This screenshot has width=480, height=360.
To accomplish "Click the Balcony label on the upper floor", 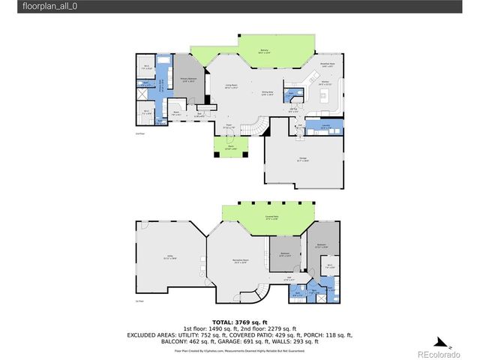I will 262,52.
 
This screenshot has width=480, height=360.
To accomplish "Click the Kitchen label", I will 325,83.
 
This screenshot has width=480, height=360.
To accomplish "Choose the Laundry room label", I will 325,127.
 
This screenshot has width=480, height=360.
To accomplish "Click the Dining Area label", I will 268,94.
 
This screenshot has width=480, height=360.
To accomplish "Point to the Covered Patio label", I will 262,218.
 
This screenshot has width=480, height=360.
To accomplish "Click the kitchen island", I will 335,94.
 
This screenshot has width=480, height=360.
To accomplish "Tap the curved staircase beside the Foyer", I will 259,128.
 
